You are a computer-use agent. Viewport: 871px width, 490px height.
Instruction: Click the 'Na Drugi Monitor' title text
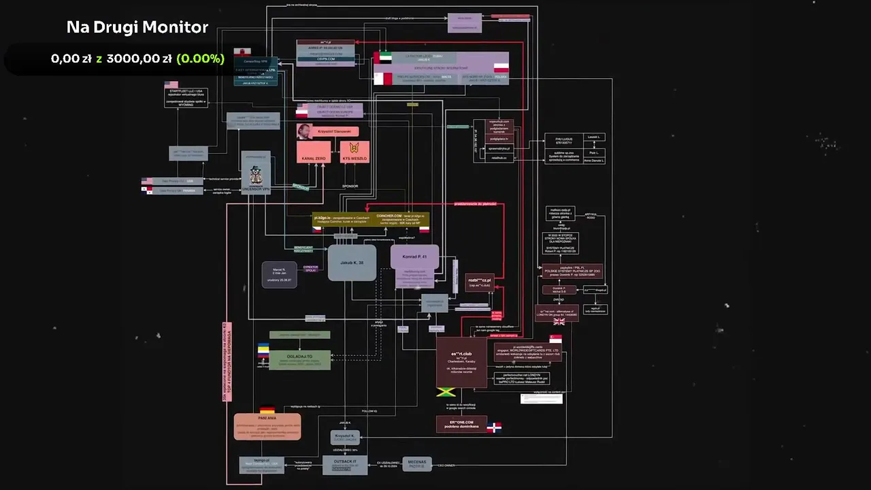(137, 27)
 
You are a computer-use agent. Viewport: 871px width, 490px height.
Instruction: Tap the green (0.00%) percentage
(200, 59)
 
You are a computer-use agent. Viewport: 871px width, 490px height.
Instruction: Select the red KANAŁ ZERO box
(314, 152)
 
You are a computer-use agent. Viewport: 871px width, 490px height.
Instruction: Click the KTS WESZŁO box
(354, 152)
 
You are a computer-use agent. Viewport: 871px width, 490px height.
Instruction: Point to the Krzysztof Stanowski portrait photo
(304, 131)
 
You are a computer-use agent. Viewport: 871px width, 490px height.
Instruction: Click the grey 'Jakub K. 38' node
(351, 262)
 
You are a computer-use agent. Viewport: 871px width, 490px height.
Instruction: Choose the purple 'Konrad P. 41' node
(414, 257)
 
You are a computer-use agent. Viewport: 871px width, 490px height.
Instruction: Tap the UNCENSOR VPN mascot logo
(256, 171)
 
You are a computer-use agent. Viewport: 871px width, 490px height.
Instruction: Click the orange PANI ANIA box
(267, 427)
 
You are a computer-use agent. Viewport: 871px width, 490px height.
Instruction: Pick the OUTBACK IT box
(344, 464)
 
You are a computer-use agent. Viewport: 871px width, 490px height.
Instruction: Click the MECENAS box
(417, 464)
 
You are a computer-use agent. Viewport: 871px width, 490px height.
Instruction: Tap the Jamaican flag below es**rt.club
(445, 393)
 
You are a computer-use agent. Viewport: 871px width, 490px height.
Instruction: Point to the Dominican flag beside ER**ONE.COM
(494, 427)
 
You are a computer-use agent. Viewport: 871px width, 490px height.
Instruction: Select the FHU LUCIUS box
(563, 140)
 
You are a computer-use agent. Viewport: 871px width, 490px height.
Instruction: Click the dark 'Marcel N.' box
(279, 274)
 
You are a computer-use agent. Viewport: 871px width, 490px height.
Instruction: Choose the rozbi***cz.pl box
(479, 282)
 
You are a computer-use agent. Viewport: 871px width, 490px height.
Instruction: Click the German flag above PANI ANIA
(267, 411)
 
